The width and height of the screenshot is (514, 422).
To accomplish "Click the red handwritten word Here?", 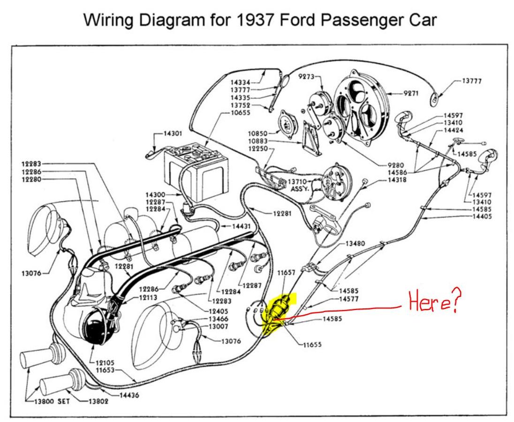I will pyautogui.click(x=432, y=302).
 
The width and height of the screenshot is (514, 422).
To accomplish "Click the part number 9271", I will pyautogui.click(x=411, y=93).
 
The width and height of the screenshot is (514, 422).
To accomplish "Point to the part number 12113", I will pyautogui.click(x=148, y=298).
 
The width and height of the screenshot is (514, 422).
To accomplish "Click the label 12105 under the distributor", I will pyautogui.click(x=106, y=362).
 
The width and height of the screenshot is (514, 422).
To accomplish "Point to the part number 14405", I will pyautogui.click(x=482, y=216).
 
